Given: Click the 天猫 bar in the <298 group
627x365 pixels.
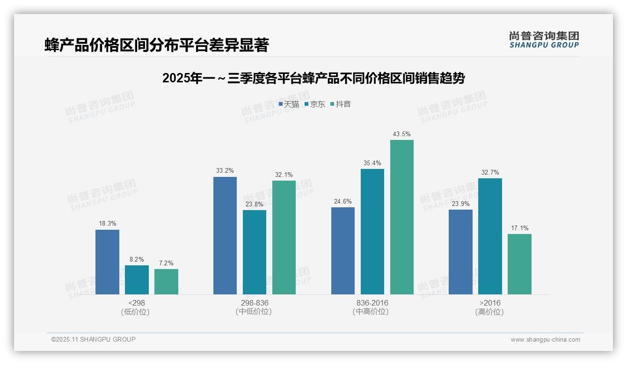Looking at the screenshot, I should pyautogui.click(x=107, y=262).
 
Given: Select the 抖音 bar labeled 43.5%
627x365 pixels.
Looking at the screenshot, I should pyautogui.click(x=402, y=217).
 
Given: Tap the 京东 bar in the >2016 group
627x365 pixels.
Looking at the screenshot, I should pyautogui.click(x=490, y=236).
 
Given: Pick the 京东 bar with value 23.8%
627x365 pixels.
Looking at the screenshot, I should pyautogui.click(x=255, y=252).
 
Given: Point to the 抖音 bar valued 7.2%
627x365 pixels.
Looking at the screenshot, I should pyautogui.click(x=166, y=282).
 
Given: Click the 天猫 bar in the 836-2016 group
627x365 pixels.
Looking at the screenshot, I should pyautogui.click(x=343, y=251).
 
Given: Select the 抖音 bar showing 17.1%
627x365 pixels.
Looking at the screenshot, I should pyautogui.click(x=519, y=264).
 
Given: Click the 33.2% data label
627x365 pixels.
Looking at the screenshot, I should pyautogui.click(x=225, y=171).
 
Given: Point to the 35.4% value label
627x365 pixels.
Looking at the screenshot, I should pyautogui.click(x=372, y=163).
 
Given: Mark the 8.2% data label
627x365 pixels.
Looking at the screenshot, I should pyautogui.click(x=137, y=259).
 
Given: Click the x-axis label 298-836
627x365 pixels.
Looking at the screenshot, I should pyautogui.click(x=255, y=303).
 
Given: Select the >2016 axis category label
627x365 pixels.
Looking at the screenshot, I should pyautogui.click(x=489, y=303).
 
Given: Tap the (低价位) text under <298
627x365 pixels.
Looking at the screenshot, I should pyautogui.click(x=135, y=312).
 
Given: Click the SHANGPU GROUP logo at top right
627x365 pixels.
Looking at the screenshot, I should pyautogui.click(x=544, y=39).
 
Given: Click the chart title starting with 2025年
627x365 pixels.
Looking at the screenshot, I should pyautogui.click(x=313, y=78).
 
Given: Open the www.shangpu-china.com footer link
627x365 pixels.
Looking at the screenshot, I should pyautogui.click(x=545, y=340).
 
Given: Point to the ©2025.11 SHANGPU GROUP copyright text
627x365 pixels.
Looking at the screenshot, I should pyautogui.click(x=94, y=339).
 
